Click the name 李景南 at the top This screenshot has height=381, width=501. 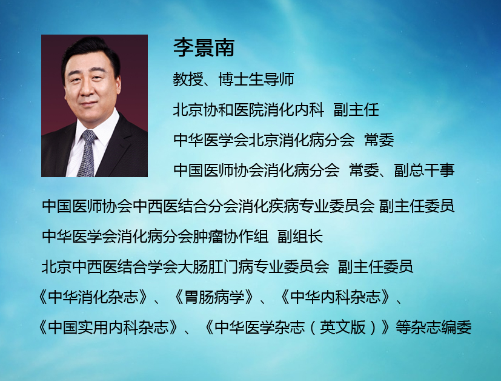click(x=204, y=48)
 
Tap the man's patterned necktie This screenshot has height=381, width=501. click(x=87, y=154)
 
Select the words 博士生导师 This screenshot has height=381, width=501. click(x=256, y=79)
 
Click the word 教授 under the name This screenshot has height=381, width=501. click(x=188, y=79)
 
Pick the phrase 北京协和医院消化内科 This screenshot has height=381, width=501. click(x=248, y=110)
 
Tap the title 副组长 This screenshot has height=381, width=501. click(x=300, y=237)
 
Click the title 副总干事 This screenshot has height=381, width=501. click(x=424, y=170)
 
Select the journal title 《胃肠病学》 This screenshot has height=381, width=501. click(x=214, y=297)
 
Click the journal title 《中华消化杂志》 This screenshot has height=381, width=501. click(x=93, y=297)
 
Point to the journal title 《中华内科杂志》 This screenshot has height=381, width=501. click(x=336, y=297)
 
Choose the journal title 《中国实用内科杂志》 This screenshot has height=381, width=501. click(x=108, y=327)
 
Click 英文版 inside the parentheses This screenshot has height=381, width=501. click(x=342, y=327)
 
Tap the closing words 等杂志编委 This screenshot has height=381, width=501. click(x=434, y=327)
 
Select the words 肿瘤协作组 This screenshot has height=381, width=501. click(x=231, y=237)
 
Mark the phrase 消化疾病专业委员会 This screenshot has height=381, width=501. click(x=307, y=206)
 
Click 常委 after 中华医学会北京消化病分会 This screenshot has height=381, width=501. click(x=379, y=140)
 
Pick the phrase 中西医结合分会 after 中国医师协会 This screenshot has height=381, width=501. click(x=185, y=206)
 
